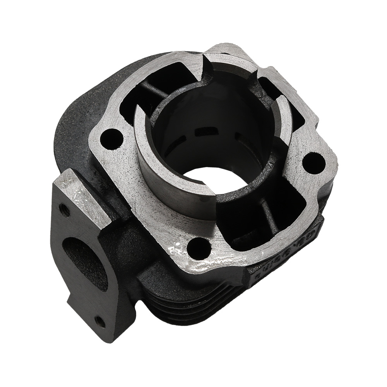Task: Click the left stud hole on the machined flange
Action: click(x=111, y=139)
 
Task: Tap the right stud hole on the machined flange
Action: click(x=313, y=163)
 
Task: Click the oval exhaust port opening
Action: click(x=84, y=263)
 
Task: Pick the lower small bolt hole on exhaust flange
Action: click(x=100, y=321)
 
